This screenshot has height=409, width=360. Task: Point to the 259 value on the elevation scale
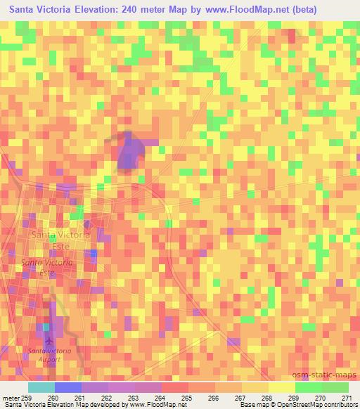27,396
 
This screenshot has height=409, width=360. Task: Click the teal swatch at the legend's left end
41,387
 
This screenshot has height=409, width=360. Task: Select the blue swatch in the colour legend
68,387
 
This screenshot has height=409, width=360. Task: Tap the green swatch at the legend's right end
335,387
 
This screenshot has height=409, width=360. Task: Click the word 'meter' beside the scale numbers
10,396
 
